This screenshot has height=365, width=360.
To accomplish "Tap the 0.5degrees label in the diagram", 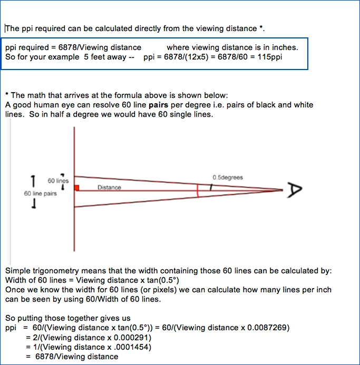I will pyautogui.click(x=228, y=177).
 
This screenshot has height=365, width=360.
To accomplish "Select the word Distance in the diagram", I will pyautogui.click(x=109, y=188).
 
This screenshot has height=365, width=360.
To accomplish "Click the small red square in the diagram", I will pyautogui.click(x=77, y=188).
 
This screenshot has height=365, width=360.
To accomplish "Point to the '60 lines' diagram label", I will pyautogui.click(x=57, y=181).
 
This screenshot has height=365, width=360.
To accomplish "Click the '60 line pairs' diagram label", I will pyautogui.click(x=41, y=194).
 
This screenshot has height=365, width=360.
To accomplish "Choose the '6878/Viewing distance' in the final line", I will pyautogui.click(x=76, y=357).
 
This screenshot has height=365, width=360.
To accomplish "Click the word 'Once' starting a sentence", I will pyautogui.click(x=14, y=290).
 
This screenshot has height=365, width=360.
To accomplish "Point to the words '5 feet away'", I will pyautogui.click(x=104, y=57).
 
